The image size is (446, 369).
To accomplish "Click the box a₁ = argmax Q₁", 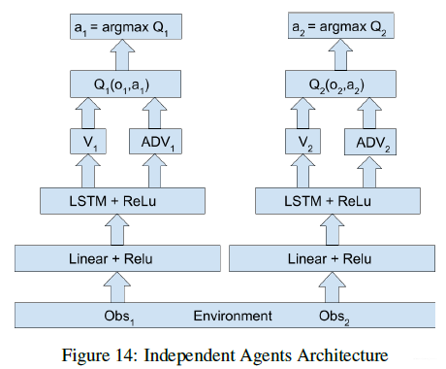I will coord(122,25).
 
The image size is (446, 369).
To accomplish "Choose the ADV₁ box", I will coord(159,143).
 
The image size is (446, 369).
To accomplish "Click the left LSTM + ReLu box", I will coord(122,200).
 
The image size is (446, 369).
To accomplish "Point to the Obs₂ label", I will coord(335,317).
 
